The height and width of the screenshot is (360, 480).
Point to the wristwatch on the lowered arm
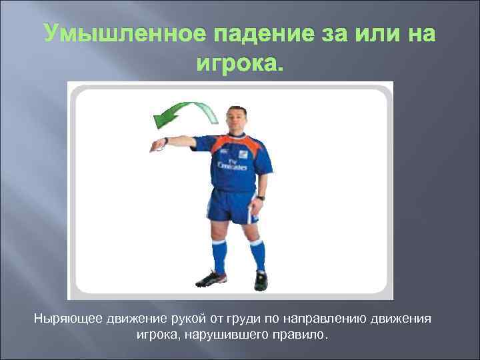(261, 197)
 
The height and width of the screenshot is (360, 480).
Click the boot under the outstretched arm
(213, 277)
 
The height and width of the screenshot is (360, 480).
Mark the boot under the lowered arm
(261, 280)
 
